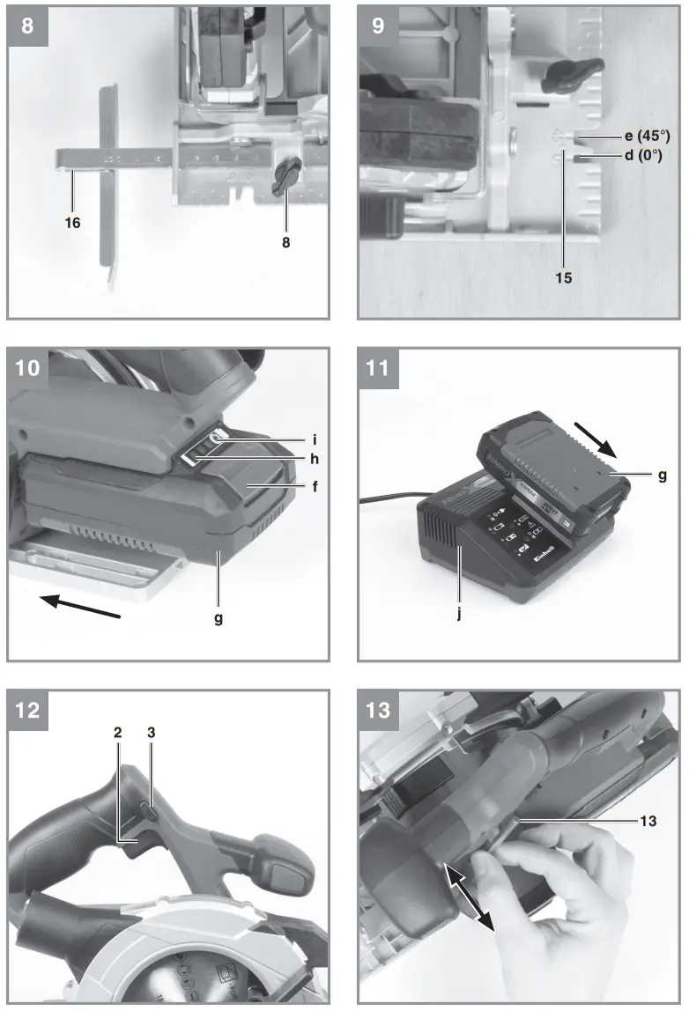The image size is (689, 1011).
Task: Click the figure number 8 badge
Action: click(27, 25)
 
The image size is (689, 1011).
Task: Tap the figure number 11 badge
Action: click(378, 367)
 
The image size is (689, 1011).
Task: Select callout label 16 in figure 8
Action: click(72, 224)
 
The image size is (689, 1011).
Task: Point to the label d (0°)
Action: click(636, 156)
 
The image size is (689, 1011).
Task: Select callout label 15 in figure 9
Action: click(564, 277)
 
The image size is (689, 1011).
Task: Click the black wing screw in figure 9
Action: click(573, 75)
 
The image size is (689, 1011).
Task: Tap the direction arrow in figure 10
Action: click(80, 608)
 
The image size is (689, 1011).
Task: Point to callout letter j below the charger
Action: click(458, 614)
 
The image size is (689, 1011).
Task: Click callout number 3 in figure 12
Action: click(152, 732)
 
